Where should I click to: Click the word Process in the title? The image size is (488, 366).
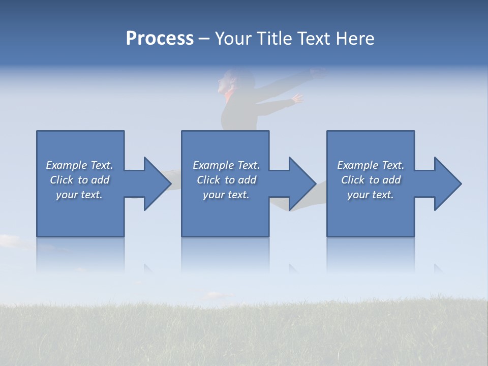[x=160, y=39]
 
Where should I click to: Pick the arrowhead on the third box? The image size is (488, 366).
[x=447, y=184]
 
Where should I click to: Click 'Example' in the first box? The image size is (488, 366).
[x=66, y=165]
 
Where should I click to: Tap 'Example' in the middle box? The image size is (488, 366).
[x=213, y=165]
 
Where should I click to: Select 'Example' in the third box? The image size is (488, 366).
[x=357, y=165]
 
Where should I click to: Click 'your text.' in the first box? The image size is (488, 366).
[x=79, y=195]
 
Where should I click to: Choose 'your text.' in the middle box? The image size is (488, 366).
[x=226, y=195]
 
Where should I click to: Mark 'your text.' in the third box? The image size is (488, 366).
[x=371, y=195]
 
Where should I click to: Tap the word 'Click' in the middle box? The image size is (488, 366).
[x=209, y=180]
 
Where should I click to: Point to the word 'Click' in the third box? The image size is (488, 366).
[x=353, y=180]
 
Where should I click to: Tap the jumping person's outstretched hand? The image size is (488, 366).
[x=296, y=99]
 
